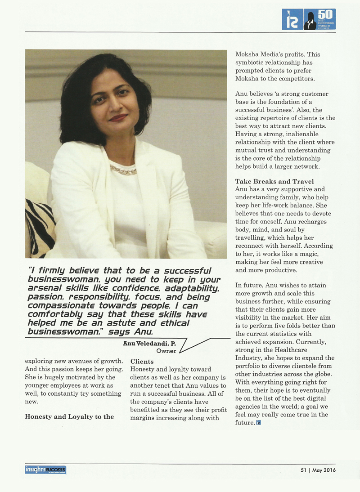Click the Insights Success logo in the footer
[45, 470]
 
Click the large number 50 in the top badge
[320, 14]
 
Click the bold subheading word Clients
[142, 361]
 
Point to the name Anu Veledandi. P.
[144, 343]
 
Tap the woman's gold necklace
[123, 170]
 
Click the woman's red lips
[118, 117]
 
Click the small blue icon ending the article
[258, 422]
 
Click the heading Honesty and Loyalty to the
[69, 416]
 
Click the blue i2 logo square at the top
[292, 19]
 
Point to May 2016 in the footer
[323, 470]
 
